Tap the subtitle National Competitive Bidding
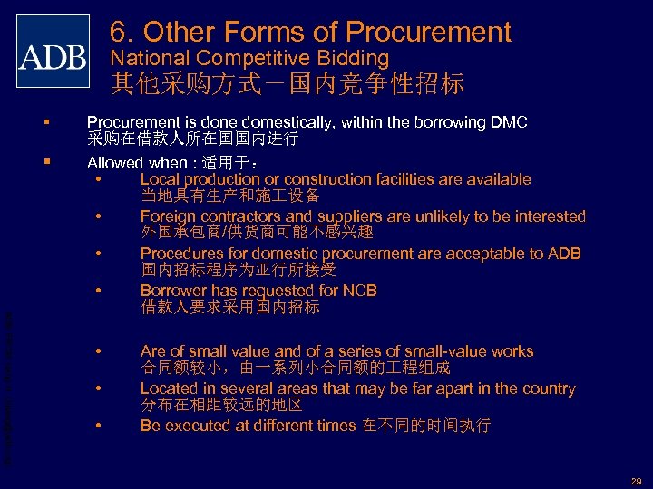[x=249, y=60]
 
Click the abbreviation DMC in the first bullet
[x=509, y=122]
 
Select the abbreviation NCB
[x=358, y=291]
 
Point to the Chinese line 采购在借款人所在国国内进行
[x=192, y=140]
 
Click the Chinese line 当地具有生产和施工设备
[x=229, y=196]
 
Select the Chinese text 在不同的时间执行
[x=427, y=426]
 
